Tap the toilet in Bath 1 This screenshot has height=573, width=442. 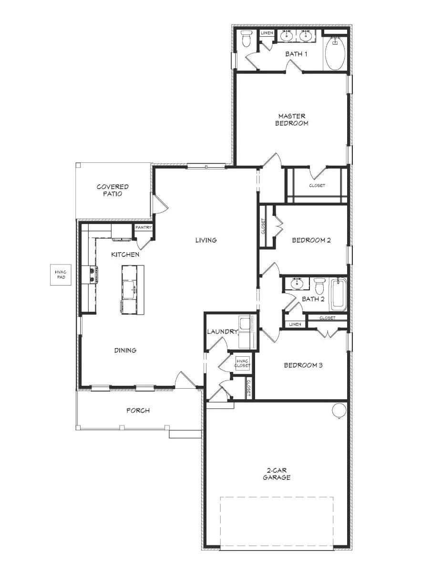tap(247, 39)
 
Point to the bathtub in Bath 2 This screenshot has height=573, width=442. tap(339, 293)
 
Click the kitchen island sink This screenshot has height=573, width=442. tap(128, 287)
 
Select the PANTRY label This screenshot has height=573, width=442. tap(143, 228)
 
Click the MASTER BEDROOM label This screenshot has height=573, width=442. tap(293, 119)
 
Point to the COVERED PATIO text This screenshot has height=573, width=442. tap(113, 191)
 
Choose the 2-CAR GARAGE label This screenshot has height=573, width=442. tap(277, 473)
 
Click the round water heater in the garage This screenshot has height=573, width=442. tap(339, 410)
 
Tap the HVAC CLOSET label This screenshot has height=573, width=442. tap(242, 363)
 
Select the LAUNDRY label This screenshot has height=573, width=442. tap(222, 331)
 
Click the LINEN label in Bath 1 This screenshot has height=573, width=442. tap(267, 33)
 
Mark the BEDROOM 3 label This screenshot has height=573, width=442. tap(303, 365)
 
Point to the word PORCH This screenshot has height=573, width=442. tap(138, 410)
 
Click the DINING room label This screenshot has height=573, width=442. tap(125, 350)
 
